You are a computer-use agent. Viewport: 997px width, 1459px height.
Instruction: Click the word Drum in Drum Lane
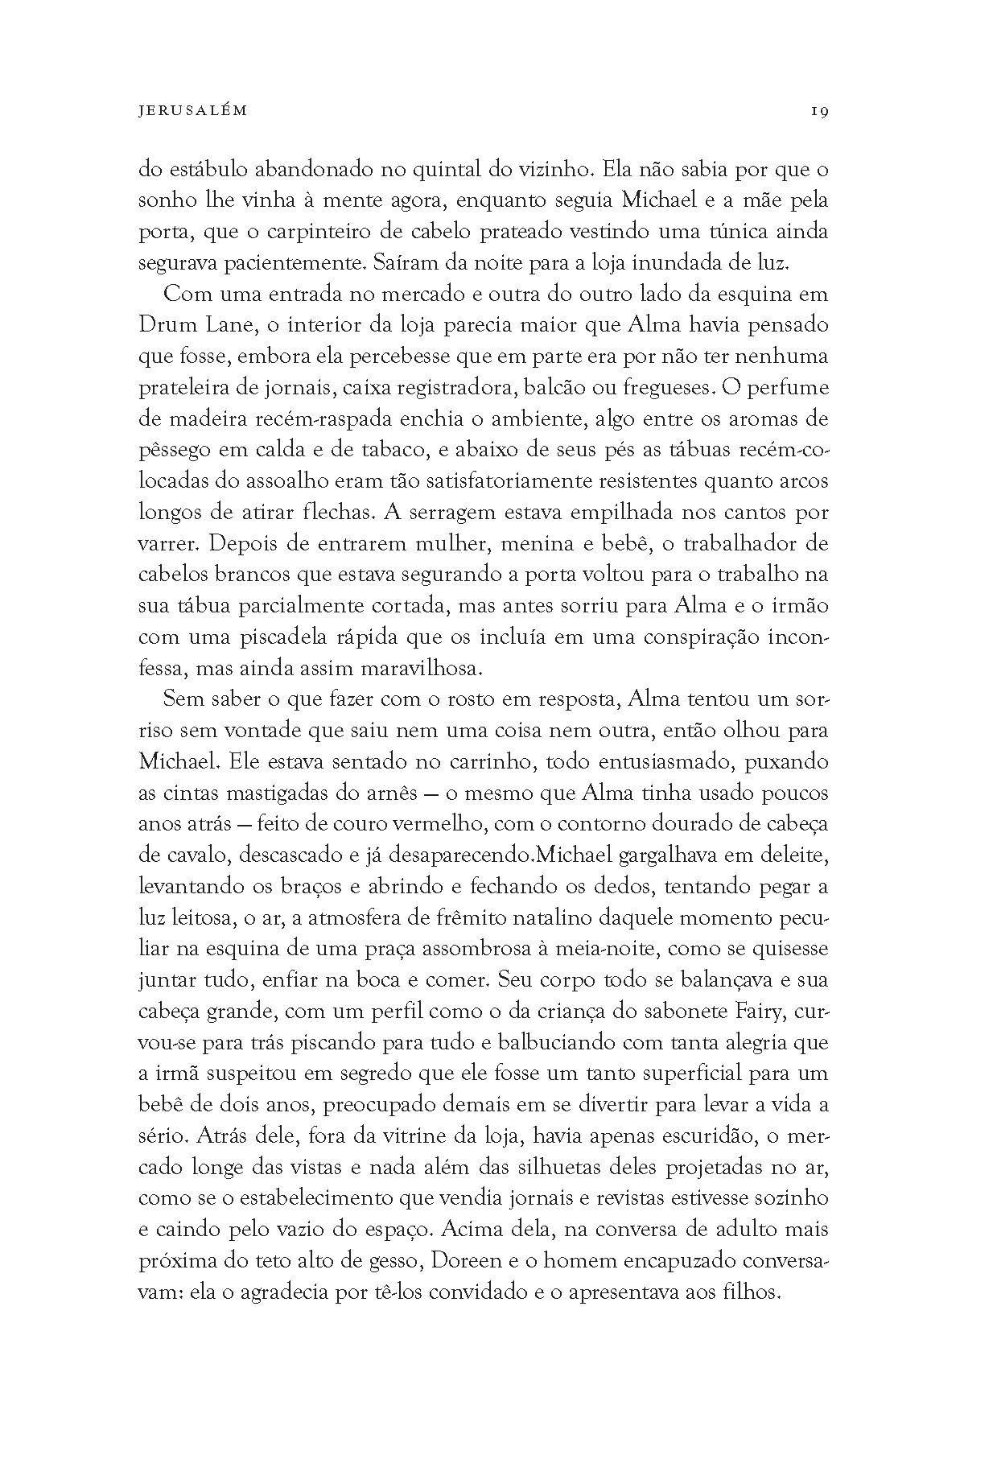(168, 326)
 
